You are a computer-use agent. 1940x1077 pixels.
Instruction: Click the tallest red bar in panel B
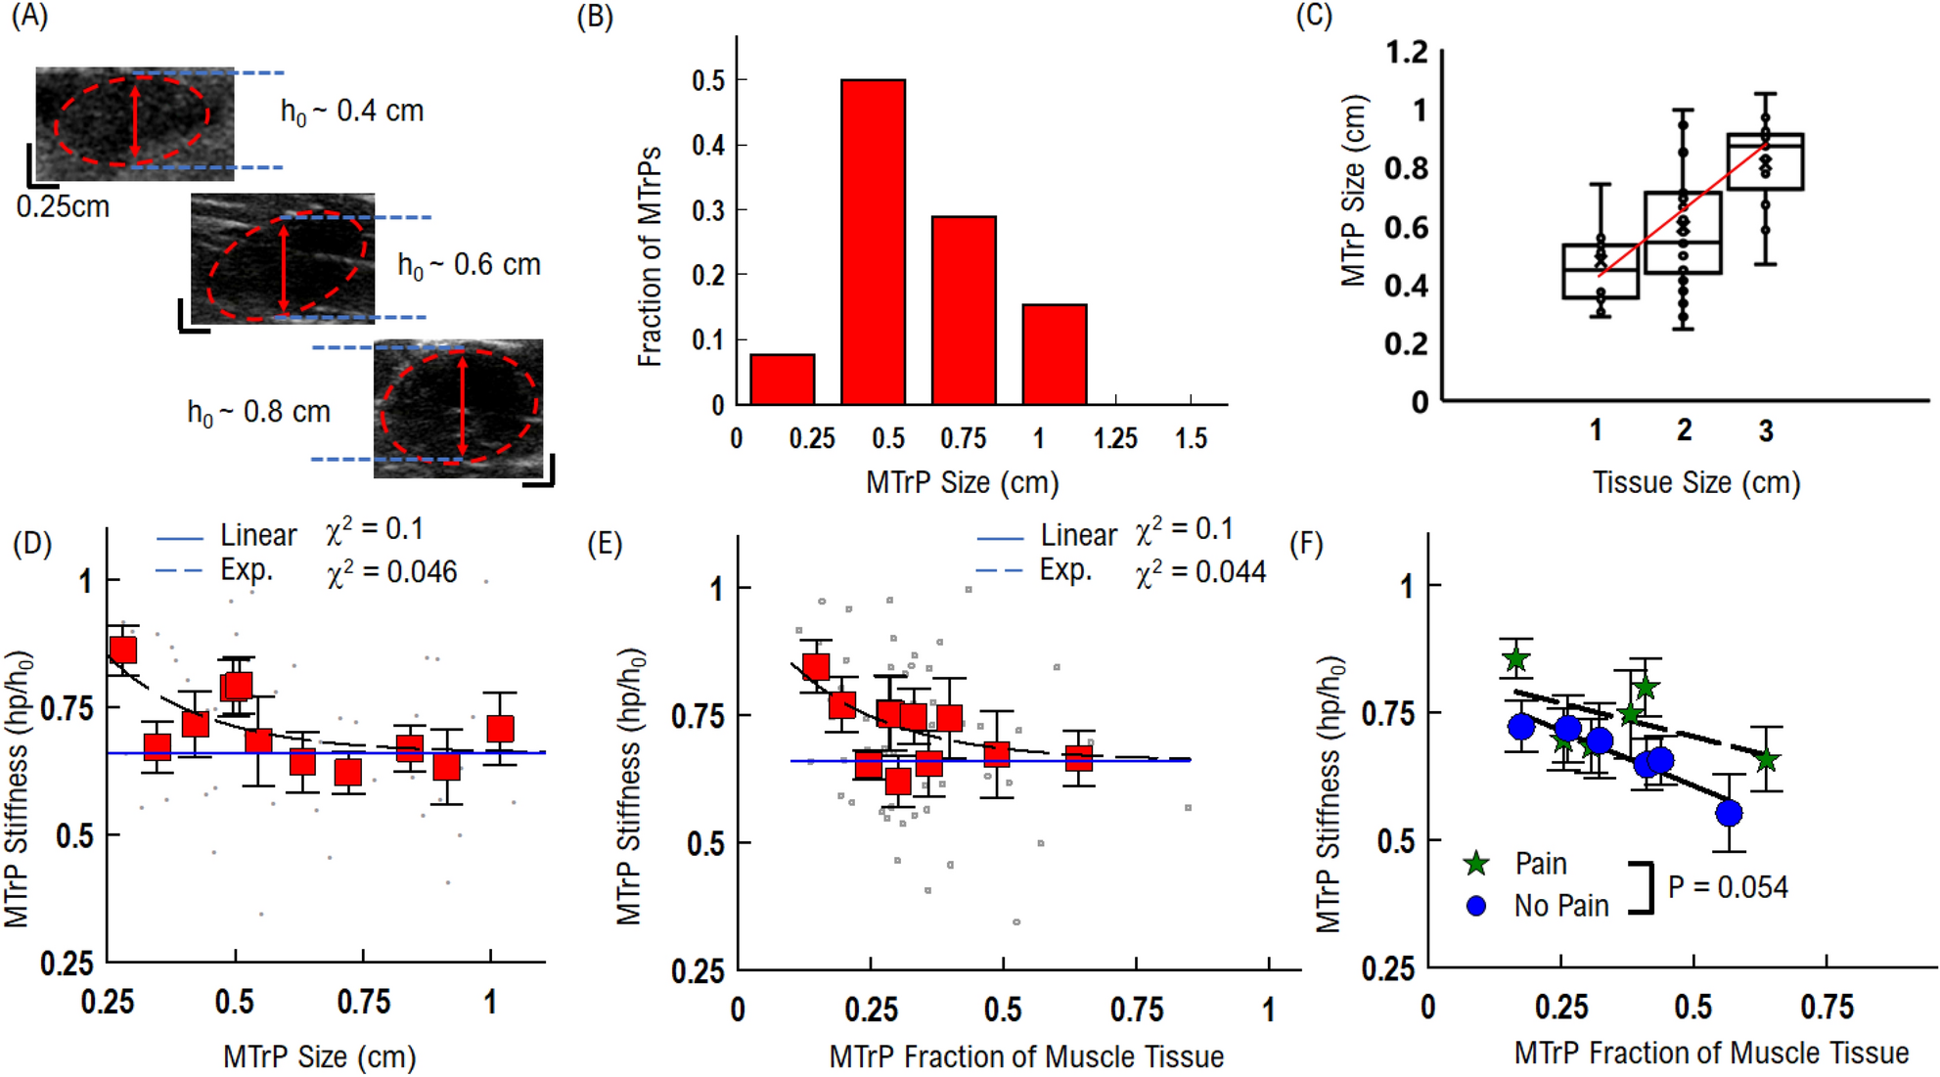pos(873,242)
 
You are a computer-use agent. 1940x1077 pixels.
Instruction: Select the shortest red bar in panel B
pos(782,380)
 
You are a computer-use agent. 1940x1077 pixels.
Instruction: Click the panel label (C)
pos(1313,17)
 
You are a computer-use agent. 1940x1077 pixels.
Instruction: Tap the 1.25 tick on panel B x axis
pos(1115,438)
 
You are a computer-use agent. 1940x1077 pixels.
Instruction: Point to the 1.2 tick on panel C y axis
pos(1407,52)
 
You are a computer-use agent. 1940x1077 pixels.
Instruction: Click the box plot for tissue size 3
pos(1765,161)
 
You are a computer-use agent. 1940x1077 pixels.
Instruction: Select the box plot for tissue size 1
pos(1601,271)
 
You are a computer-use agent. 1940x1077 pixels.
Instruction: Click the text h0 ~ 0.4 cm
pos(352,112)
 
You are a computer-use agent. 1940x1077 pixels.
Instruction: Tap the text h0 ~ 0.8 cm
pos(258,412)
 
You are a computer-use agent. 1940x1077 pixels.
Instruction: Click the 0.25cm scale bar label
pos(63,206)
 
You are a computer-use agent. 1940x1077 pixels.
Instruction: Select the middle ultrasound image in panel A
pos(282,257)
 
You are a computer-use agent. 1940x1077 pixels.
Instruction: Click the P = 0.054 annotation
pos(1727,887)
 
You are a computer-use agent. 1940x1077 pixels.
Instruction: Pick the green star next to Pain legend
pos(1476,863)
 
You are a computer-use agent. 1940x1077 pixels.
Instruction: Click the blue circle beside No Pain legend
pos(1476,906)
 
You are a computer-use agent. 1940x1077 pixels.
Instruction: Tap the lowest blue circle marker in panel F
pos(1729,812)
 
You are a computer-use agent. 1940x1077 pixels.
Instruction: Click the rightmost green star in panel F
pos(1766,760)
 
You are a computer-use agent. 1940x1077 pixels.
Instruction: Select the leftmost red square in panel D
pos(123,651)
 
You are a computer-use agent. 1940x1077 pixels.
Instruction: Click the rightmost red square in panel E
pos(1078,758)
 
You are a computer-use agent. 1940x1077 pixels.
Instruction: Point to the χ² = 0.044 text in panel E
pos(1200,572)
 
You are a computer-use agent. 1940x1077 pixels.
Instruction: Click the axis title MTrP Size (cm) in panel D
pos(319,1056)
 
